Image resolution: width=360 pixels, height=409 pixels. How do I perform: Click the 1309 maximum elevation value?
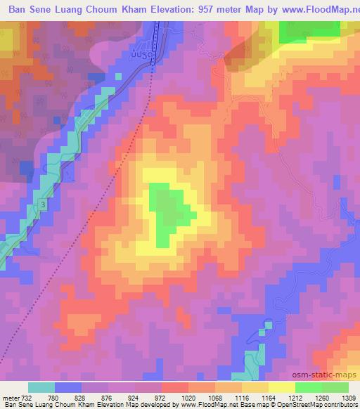[349, 398]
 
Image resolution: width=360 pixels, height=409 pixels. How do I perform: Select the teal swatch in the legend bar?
[41, 387]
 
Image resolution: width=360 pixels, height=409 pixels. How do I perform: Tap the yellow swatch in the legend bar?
[282, 387]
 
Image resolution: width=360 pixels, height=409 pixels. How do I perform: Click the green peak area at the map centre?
[165, 211]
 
